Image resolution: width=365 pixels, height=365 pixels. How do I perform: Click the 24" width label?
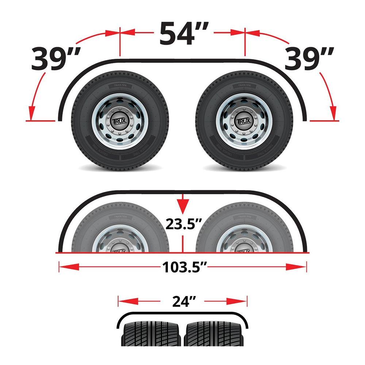[182, 301]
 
